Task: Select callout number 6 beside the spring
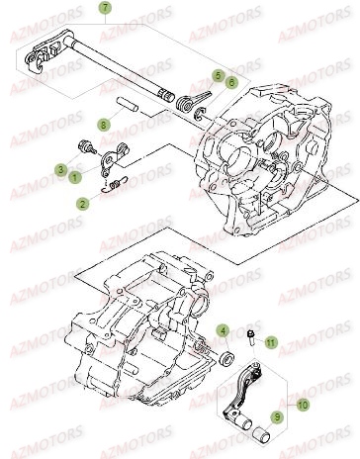click(231, 82)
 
